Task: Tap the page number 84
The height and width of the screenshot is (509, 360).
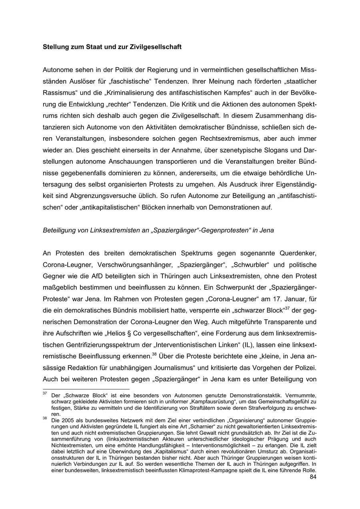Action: (313, 477)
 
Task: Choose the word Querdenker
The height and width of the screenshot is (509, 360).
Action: (298, 254)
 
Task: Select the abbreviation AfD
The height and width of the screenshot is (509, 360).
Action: (107, 277)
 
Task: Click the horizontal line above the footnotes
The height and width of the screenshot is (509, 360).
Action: (86, 389)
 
